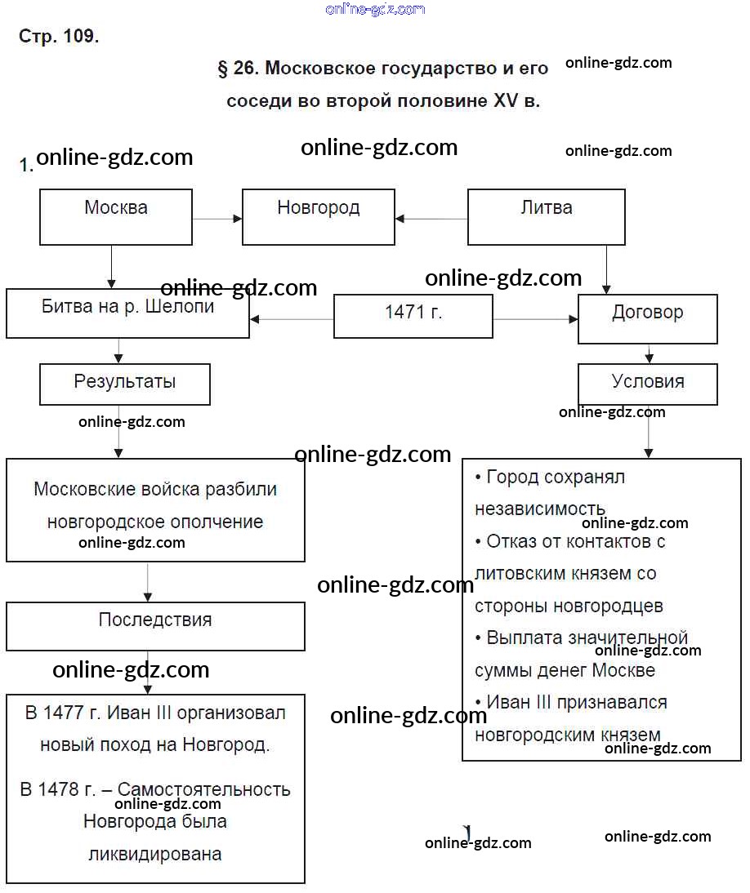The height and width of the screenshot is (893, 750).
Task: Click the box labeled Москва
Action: [116, 216]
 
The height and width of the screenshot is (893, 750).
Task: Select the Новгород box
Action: [319, 216]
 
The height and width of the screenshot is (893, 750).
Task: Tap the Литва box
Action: [546, 216]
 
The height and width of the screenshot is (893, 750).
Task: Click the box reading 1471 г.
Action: [413, 316]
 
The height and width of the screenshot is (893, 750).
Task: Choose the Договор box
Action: [647, 318]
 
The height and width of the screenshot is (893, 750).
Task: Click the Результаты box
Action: [125, 384]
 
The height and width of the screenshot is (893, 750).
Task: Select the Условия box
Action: [647, 384]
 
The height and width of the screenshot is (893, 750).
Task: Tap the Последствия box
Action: [155, 625]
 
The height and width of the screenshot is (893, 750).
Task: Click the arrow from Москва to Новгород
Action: [217, 219]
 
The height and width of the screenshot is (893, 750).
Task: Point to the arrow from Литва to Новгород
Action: [431, 219]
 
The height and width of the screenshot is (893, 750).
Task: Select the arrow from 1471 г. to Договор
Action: [535, 319]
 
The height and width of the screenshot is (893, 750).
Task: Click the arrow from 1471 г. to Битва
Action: [292, 319]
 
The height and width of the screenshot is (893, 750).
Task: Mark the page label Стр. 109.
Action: [59, 37]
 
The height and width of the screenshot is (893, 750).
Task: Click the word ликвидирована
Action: [155, 855]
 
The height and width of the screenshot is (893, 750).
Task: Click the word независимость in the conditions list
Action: [540, 509]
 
